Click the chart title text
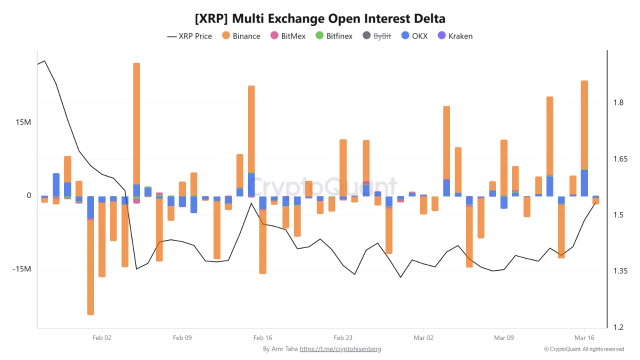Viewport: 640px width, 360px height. pos(320,19)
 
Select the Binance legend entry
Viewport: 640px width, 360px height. pos(241,36)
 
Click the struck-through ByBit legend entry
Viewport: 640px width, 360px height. pos(377,36)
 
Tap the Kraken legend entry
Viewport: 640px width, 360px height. pos(455,36)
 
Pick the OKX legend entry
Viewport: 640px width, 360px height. pos(414,36)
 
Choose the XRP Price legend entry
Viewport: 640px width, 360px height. pos(189,36)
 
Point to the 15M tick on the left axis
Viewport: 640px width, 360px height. pos(22,122)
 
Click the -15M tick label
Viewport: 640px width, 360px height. pos(21,269)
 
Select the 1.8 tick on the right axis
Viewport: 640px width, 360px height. pos(618,103)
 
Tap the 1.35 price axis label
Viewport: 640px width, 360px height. pos(620,271)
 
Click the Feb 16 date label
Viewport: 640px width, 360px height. pos(262,338)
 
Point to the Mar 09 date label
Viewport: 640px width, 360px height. pos(503,338)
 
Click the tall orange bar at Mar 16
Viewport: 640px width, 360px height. pos(584,125)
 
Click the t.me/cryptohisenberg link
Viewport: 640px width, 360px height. pos(340,349)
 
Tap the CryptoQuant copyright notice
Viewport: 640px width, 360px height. pos(584,349)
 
